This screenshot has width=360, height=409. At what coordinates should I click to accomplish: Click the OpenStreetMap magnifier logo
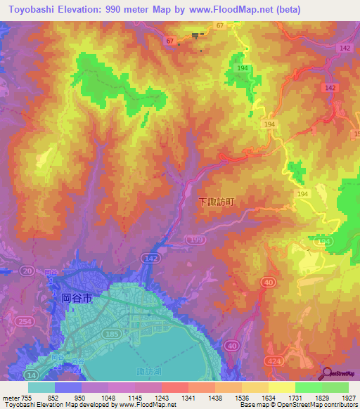click(x=327, y=374)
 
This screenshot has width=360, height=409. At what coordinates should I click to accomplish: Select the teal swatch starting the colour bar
click(x=41, y=387)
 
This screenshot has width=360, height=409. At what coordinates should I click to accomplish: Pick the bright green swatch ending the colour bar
click(x=335, y=387)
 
